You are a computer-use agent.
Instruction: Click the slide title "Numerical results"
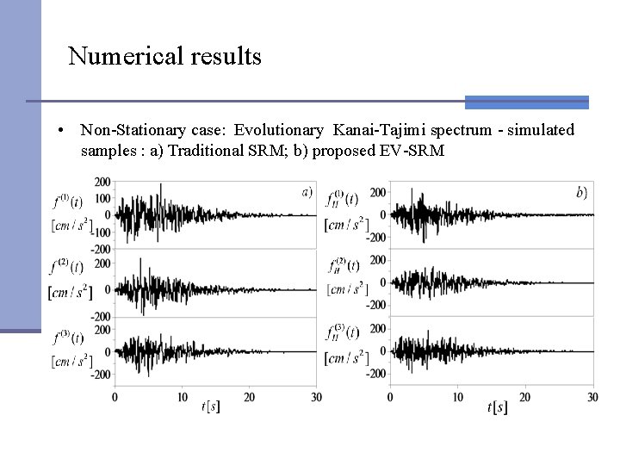(164, 57)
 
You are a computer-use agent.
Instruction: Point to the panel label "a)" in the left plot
(307, 191)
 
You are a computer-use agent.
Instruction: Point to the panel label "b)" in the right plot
(582, 192)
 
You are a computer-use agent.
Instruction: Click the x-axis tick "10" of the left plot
(183, 396)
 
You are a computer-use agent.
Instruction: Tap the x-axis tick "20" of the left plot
(250, 396)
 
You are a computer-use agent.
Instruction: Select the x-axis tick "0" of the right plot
(390, 396)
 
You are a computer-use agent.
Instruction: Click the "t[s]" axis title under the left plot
(211, 406)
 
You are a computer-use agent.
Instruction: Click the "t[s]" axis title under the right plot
(498, 406)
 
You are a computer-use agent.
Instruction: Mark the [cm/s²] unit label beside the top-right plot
(342, 226)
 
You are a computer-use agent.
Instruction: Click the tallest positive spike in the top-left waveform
(161, 185)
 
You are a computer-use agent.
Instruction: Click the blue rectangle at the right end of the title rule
(526, 102)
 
